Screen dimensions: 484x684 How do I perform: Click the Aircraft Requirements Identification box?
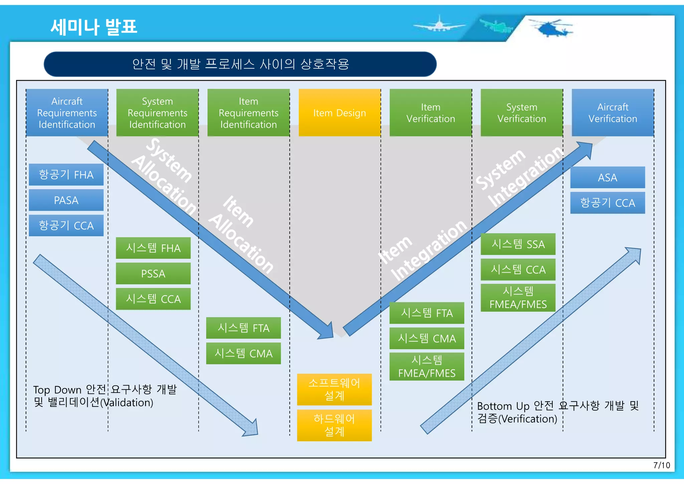pos(67,113)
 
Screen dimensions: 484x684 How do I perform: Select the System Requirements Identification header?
pos(157,113)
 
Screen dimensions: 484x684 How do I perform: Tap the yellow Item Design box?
pos(339,113)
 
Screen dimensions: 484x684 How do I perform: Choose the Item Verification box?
pos(431,113)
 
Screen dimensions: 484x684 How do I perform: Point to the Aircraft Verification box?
pos(613,113)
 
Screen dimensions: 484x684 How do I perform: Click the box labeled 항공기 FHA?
pos(66,174)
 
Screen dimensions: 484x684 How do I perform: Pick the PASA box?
pos(66,200)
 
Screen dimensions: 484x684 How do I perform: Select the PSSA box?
pos(153,274)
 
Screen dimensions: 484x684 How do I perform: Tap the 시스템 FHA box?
pos(153,248)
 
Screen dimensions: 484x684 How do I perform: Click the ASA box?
pos(607,177)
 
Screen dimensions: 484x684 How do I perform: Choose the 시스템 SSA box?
pos(518,244)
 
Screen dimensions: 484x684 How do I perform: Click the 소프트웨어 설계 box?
pos(334,389)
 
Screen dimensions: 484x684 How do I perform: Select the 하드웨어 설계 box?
pos(334,425)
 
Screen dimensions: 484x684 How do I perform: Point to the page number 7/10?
pos(661,465)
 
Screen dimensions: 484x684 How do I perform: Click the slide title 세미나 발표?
pos(94,27)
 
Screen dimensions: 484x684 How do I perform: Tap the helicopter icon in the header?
pos(551,28)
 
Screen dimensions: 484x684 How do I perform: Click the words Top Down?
pos(57,390)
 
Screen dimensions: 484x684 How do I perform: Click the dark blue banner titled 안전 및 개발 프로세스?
pos(240,64)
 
